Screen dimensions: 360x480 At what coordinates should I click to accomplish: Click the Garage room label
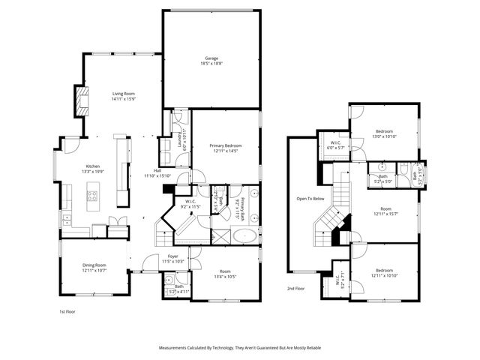click(212, 58)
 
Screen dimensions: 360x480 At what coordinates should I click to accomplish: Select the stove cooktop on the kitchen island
click(94, 196)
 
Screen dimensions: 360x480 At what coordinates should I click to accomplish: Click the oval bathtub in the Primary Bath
click(244, 237)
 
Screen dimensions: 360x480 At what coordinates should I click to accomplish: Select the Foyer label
click(173, 256)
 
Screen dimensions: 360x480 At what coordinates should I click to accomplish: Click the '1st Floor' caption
click(67, 311)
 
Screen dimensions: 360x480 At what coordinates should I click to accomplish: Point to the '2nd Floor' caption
click(295, 288)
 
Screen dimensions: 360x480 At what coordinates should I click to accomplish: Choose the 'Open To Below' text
click(310, 199)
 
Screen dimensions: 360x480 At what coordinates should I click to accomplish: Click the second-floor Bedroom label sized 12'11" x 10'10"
click(383, 274)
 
